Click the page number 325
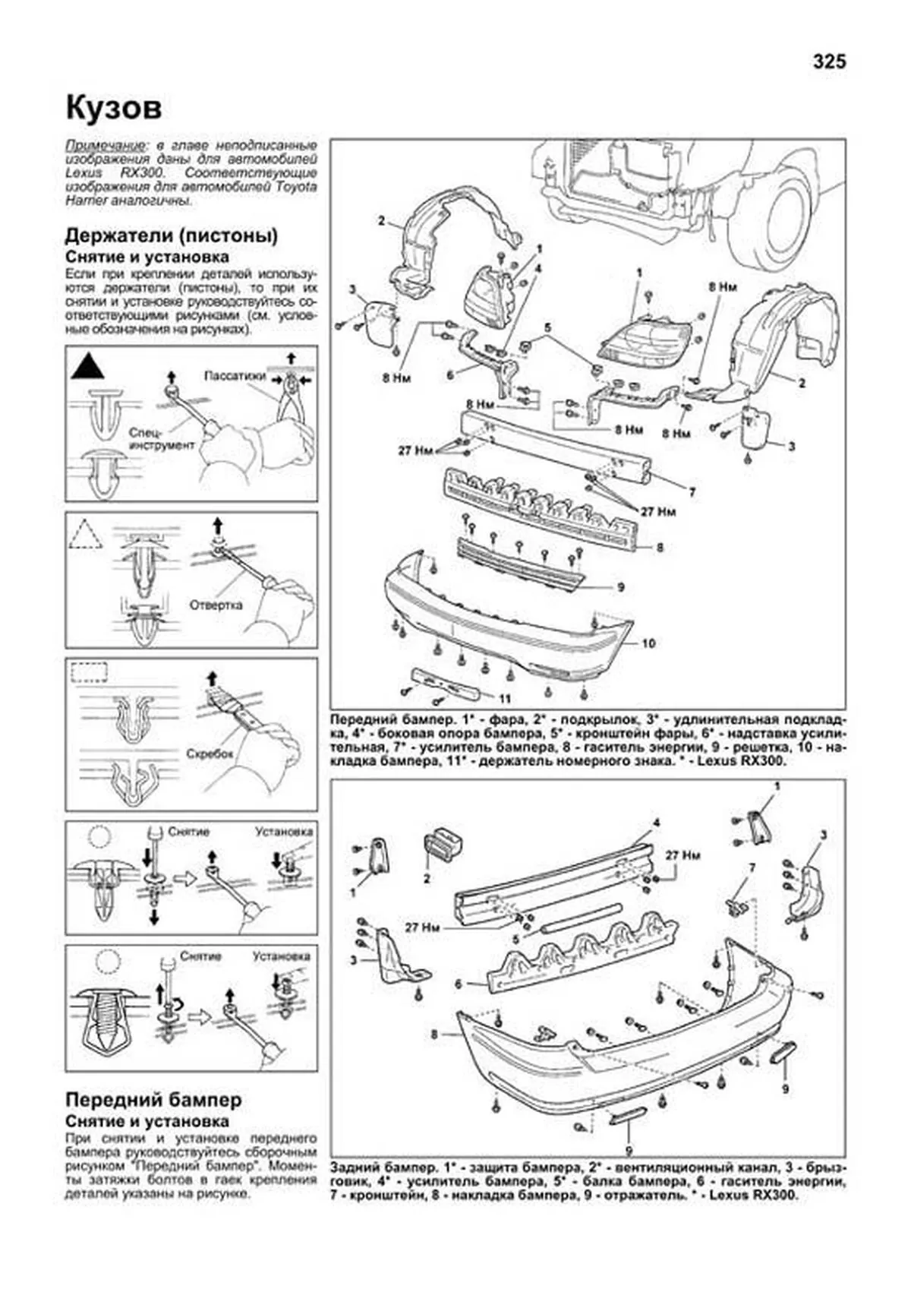click(828, 62)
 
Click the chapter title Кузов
click(114, 108)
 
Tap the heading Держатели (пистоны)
click(172, 235)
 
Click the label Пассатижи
click(235, 375)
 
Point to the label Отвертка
click(216, 605)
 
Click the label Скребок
click(209, 754)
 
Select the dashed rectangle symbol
click(90, 671)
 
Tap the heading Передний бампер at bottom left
click(153, 1099)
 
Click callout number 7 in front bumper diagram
click(692, 492)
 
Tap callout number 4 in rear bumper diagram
click(656, 822)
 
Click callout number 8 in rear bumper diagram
click(433, 1034)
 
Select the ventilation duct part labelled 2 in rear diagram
click(442, 845)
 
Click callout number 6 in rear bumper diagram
click(459, 984)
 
